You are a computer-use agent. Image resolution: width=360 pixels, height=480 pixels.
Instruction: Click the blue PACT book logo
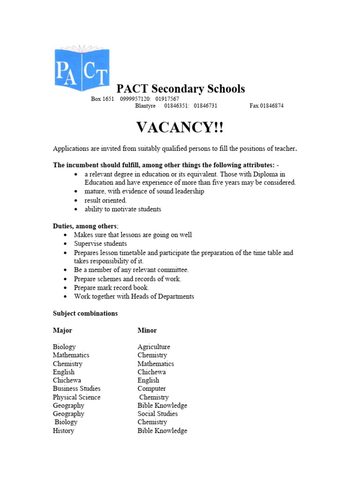pos(82,68)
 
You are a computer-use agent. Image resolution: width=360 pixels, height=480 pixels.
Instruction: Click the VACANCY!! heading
pos(180,127)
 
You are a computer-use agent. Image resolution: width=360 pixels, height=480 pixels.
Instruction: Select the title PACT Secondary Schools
pos(180,89)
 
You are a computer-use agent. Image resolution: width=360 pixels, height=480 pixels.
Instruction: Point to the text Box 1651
pos(102,99)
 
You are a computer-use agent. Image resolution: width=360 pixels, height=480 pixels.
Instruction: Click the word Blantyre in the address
pos(145,106)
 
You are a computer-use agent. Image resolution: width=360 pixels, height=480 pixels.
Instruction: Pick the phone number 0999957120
pos(135,99)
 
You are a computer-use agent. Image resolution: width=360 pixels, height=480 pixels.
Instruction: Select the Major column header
pos(62,330)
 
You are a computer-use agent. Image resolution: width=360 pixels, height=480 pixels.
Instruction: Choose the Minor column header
pos(147,330)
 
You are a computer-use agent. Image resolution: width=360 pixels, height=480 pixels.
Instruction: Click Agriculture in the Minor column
pos(154,347)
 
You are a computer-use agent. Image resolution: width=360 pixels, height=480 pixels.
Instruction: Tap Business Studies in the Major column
pos(76,389)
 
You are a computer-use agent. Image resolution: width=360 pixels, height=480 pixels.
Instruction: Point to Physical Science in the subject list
pos(76,397)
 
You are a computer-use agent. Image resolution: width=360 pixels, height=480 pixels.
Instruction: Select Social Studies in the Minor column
pos(157,414)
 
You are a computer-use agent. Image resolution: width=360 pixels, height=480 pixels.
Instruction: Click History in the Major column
pos(63,431)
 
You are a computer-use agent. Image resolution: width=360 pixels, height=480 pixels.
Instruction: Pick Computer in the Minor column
pos(151,389)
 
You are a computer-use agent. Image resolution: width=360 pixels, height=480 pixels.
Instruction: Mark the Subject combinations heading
pos(85,313)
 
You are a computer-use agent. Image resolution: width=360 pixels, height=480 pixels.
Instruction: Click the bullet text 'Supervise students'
pos(100,244)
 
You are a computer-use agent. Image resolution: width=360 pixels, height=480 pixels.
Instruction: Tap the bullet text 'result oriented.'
pos(105,200)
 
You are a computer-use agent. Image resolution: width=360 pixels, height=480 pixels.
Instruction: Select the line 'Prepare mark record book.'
pos(112,288)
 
